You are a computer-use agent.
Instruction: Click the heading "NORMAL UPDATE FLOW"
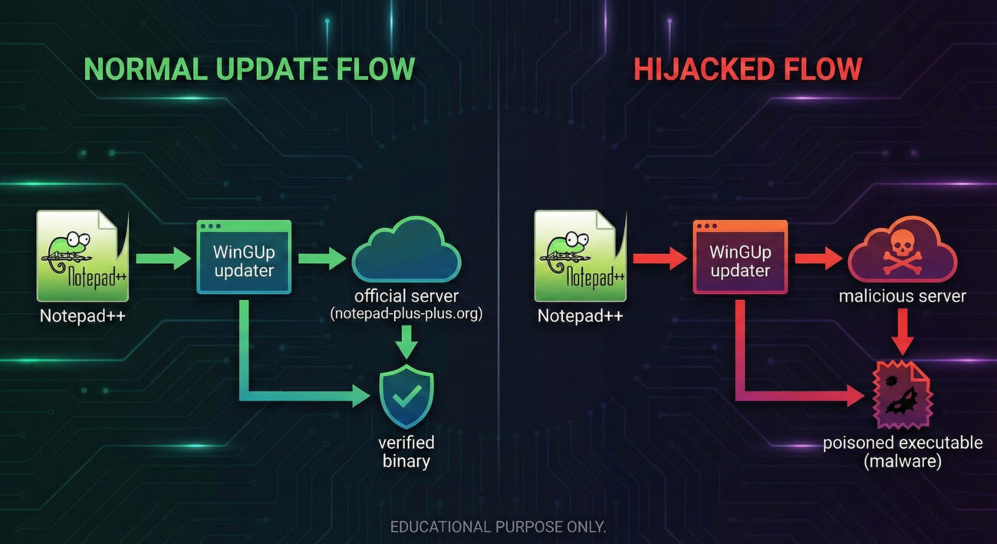click(249, 69)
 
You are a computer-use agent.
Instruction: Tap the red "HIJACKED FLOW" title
click(748, 69)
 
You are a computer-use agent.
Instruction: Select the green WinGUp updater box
click(244, 257)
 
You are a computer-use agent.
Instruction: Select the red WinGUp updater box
click(740, 257)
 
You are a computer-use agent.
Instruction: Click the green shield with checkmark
click(406, 397)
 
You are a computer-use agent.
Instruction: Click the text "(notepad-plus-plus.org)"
click(406, 313)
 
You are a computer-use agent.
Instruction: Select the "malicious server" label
click(902, 296)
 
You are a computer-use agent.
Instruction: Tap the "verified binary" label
click(406, 452)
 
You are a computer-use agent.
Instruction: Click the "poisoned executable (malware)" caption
click(902, 453)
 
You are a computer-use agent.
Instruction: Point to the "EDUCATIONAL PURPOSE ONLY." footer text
click(498, 527)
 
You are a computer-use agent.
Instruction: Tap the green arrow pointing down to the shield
click(406, 342)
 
